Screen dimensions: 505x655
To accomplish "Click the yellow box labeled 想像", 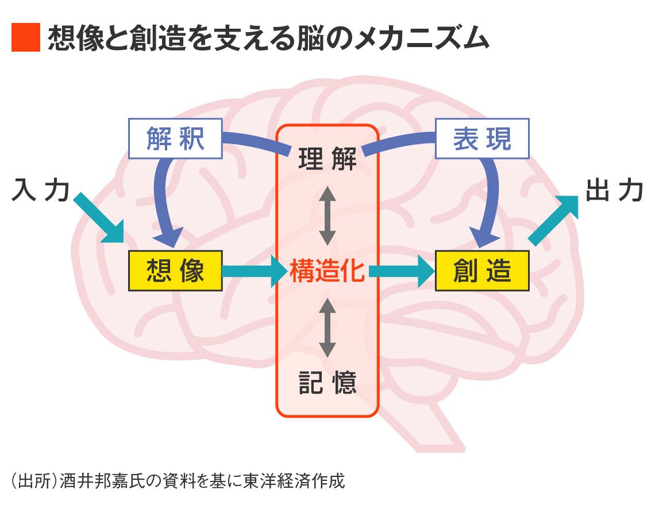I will [x=175, y=270].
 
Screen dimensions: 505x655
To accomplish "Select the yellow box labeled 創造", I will [x=481, y=270].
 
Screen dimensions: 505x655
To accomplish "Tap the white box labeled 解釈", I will [x=175, y=139].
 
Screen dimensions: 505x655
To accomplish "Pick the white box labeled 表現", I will [x=481, y=139].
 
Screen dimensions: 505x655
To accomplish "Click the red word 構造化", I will [x=327, y=271].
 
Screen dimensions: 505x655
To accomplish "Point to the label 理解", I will [x=327, y=159].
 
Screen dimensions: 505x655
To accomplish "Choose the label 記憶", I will [x=327, y=382].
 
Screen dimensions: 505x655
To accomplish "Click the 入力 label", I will [x=40, y=191].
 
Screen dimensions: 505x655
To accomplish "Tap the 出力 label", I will [x=614, y=191].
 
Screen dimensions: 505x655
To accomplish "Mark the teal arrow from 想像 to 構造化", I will [x=253, y=271].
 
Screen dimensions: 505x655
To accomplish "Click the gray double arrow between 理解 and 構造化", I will [x=327, y=215].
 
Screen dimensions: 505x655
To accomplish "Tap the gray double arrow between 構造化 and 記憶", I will [x=327, y=327].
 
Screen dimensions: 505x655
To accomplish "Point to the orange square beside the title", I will [x=25, y=38].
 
